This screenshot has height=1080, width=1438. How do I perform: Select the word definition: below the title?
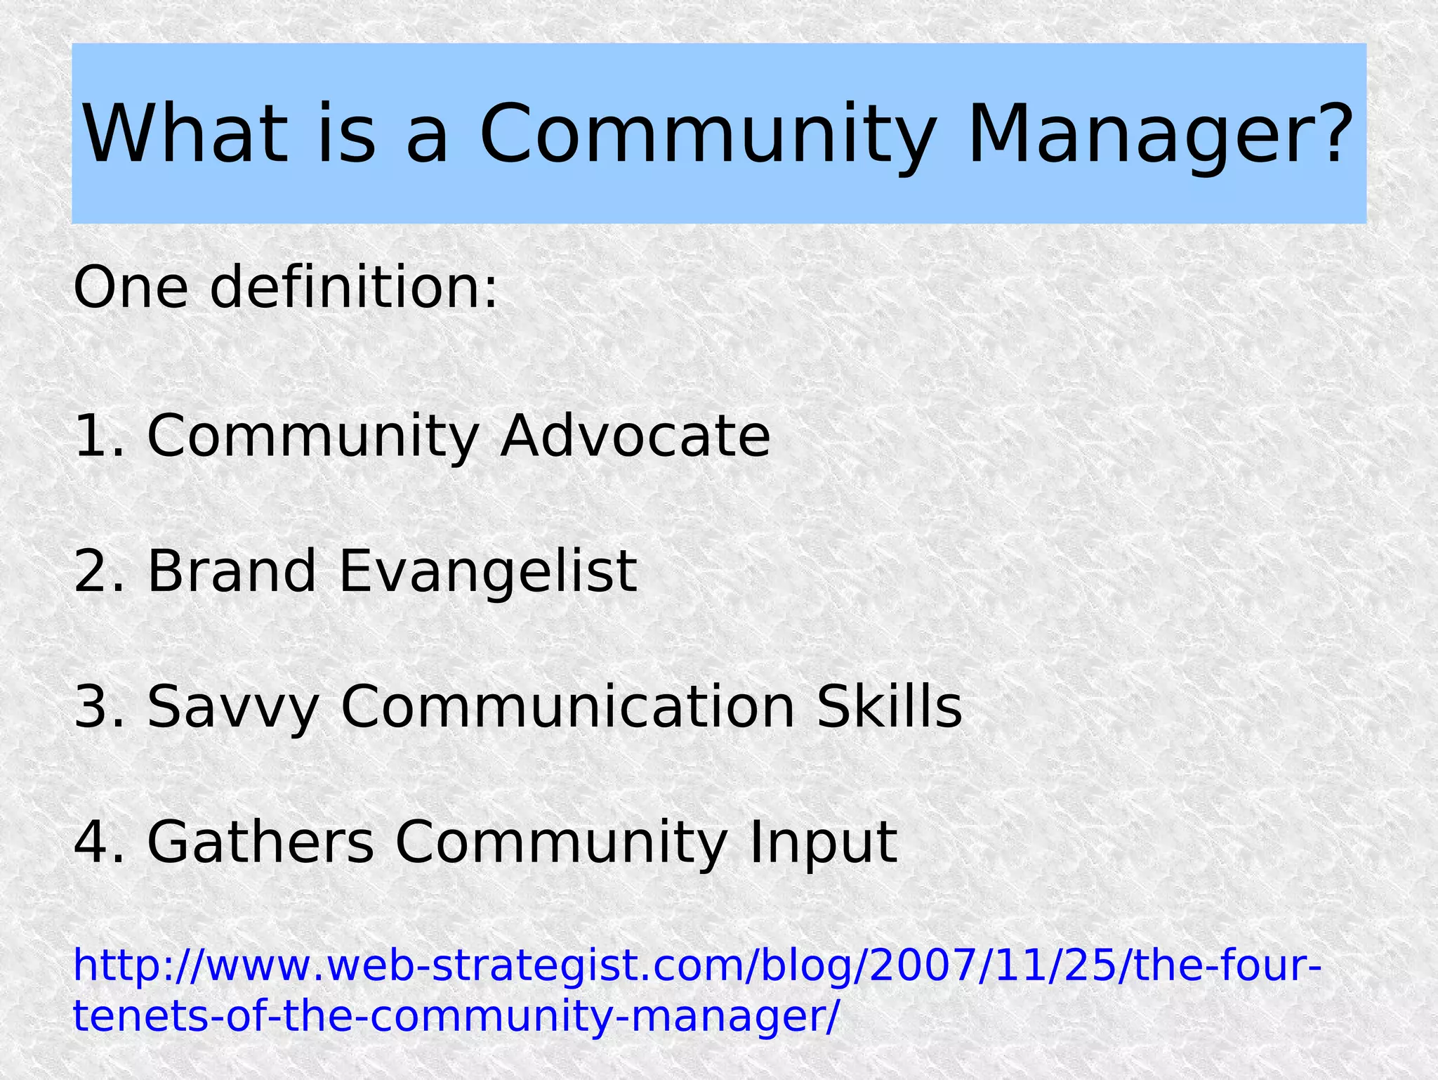click(354, 287)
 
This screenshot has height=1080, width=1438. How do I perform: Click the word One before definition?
click(131, 287)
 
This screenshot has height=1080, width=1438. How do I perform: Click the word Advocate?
click(635, 436)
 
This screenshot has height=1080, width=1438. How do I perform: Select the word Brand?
click(231, 571)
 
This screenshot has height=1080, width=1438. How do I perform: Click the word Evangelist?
click(488, 571)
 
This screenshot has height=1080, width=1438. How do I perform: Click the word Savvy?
click(232, 707)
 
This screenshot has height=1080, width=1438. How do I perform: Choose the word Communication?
click(567, 707)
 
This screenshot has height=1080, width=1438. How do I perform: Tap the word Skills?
click(889, 707)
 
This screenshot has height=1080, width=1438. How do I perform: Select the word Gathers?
click(260, 842)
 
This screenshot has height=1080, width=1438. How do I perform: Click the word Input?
click(823, 842)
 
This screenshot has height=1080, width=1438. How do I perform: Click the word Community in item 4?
click(561, 842)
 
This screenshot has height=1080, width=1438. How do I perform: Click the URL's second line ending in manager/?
click(456, 1016)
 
